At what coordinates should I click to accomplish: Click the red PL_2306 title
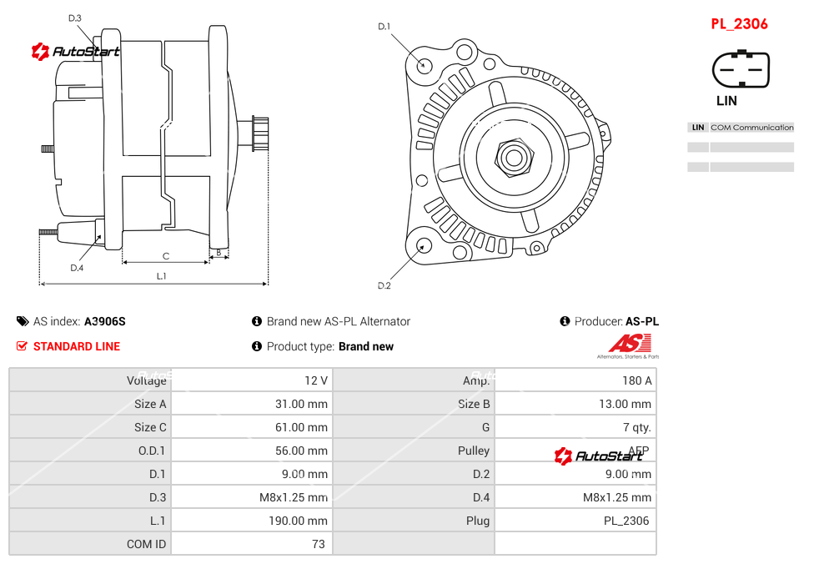pos(739,24)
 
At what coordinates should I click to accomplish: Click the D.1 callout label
pos(384,27)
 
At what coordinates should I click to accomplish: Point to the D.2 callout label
pos(384,286)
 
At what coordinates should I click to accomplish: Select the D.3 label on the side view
pos(75,18)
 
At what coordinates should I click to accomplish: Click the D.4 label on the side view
pos(77,268)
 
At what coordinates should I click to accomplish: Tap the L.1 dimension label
pos(162,276)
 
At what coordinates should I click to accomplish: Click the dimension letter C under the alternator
pos(166,256)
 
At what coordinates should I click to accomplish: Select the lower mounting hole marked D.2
pos(424,245)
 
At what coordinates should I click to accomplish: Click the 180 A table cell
pos(636,380)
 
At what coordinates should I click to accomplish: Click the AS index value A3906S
pos(105,321)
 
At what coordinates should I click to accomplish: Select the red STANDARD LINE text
pos(77,346)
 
